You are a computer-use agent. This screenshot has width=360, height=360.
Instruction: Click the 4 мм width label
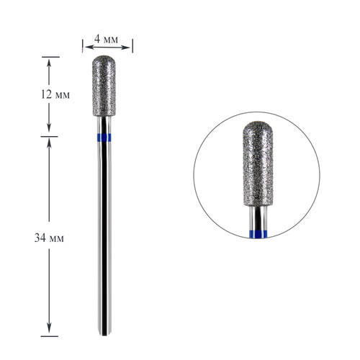[x=106, y=39]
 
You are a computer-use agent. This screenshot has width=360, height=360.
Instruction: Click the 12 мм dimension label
[x=55, y=94]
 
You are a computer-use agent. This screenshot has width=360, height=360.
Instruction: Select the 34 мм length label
[x=49, y=238]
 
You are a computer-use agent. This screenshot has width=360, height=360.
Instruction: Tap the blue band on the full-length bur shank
[x=104, y=138]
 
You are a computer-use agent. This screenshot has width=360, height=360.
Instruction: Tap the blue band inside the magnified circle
[x=258, y=234]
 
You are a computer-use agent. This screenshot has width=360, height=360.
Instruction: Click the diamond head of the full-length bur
[x=104, y=86]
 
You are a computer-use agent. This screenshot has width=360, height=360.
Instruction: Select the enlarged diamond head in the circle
[x=258, y=163]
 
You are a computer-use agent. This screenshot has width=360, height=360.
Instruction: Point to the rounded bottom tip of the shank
[x=104, y=335]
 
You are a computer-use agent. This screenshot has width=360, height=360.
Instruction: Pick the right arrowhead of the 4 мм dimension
[x=126, y=47]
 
